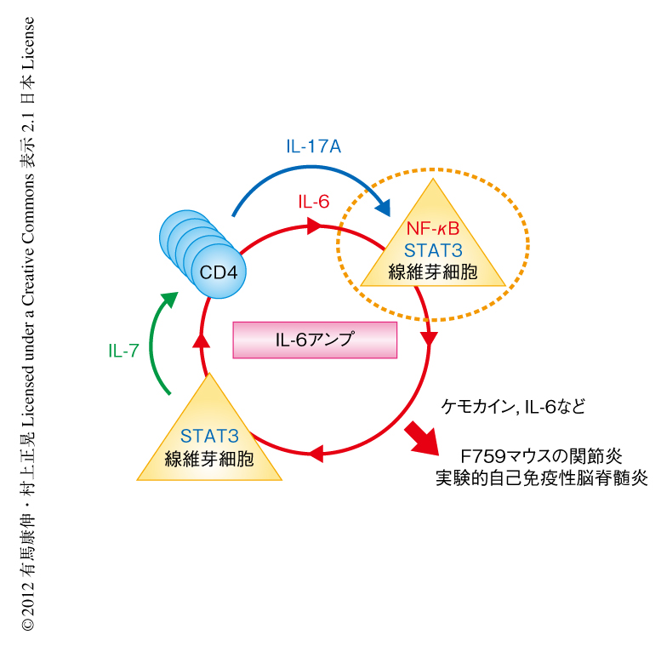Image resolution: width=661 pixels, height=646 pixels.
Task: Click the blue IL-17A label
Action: pos(313,146)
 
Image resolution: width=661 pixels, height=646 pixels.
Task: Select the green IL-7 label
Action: pos(123,350)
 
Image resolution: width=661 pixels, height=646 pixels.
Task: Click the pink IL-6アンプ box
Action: pos(315,339)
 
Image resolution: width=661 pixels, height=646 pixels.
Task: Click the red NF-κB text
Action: pos(433,229)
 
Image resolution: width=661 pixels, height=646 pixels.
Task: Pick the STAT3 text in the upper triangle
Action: pos(433,250)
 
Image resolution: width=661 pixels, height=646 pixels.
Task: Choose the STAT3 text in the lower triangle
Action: pos(208,437)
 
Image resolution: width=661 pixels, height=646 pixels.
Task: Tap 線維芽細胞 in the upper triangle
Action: pos(433,272)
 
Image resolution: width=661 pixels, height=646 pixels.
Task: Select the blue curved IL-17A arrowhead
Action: pos(385,207)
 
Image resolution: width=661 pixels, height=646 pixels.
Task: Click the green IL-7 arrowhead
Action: pos(170,299)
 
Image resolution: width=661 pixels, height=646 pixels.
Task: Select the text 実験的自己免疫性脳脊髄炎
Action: pos(541,477)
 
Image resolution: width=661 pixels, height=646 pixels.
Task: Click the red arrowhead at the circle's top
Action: pos(314,226)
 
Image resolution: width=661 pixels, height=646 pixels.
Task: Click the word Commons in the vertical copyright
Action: pos(27,204)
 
